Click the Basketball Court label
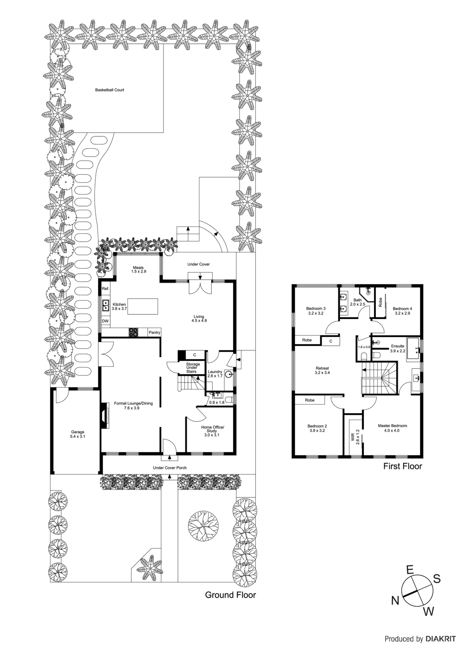click(109, 90)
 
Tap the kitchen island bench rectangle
click(142, 306)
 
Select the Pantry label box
click(154, 332)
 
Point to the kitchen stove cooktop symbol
click(133, 332)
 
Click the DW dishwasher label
click(105, 321)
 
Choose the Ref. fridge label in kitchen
click(105, 288)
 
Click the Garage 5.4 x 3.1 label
click(78, 434)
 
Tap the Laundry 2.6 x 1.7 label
click(215, 373)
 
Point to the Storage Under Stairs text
click(192, 368)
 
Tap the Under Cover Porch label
click(170, 468)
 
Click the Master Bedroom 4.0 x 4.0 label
click(392, 428)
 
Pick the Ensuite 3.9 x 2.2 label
click(397, 348)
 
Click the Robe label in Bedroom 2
click(310, 400)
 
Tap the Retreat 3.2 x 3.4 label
click(322, 370)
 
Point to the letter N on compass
click(395, 600)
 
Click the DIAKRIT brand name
click(441, 639)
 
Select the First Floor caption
click(402, 466)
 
